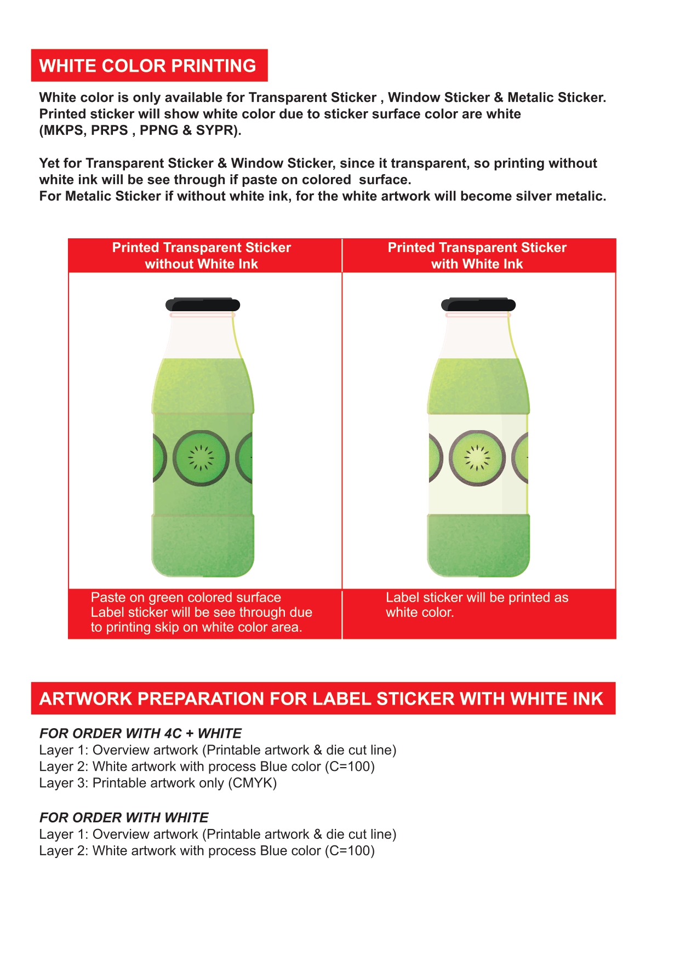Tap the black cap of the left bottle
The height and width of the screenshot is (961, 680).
coord(203,305)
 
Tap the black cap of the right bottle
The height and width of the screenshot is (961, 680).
coord(478,305)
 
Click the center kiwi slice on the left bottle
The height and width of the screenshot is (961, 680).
coord(201,458)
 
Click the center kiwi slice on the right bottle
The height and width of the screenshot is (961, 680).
coord(477,458)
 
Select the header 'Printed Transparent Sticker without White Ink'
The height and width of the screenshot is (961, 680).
coord(202,256)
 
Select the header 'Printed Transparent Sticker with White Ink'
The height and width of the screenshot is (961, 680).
coord(477,256)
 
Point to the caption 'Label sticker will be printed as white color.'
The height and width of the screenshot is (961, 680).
coord(477,605)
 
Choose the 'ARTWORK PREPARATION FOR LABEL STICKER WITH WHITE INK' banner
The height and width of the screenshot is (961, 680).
coord(322,699)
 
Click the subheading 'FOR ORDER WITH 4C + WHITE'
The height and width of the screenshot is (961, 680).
coord(140,734)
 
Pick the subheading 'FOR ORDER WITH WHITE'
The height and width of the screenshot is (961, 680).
coord(124,818)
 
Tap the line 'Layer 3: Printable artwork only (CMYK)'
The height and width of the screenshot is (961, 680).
coord(158,783)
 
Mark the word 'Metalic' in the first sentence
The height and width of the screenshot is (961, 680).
coord(531,98)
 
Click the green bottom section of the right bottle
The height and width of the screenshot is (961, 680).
coord(478,545)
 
